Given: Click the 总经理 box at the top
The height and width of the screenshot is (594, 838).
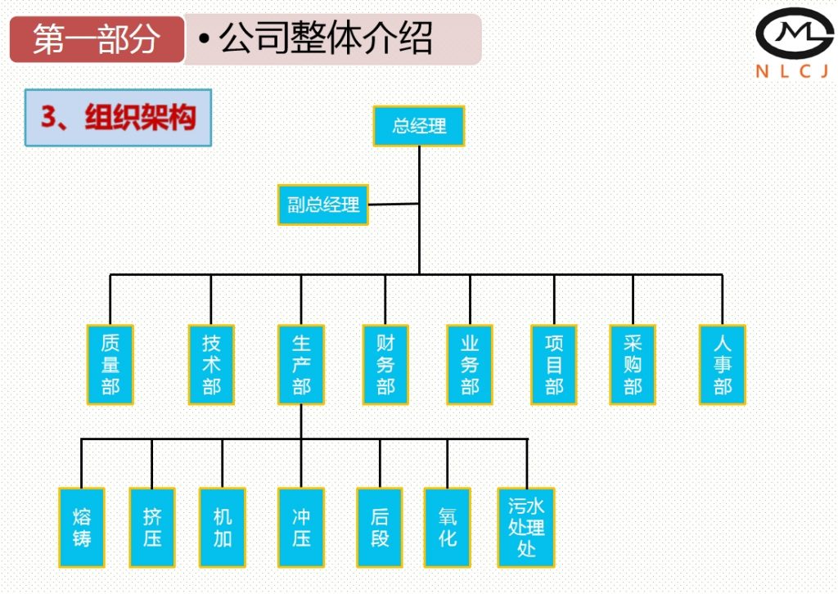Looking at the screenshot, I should (x=419, y=126).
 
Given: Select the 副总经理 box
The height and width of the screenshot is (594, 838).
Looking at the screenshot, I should (x=323, y=205).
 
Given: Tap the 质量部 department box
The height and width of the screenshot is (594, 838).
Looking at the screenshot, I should (x=110, y=364).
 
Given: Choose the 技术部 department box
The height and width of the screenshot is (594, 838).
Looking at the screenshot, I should (x=211, y=364).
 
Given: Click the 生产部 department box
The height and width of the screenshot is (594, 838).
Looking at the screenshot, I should (x=301, y=364).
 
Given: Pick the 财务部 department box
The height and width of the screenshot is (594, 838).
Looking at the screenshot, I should (x=385, y=364).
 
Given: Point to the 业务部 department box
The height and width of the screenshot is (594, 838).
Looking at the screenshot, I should (x=470, y=364).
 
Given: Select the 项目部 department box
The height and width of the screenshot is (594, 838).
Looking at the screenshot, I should (x=554, y=364).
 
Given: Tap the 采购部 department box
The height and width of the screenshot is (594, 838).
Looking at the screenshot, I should (x=633, y=364).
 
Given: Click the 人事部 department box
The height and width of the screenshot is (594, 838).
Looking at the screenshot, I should (x=722, y=364).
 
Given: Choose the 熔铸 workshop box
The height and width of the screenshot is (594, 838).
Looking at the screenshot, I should (x=82, y=528).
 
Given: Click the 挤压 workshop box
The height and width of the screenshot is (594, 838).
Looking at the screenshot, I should (x=152, y=528).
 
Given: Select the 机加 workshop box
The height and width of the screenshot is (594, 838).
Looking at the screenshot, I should (x=223, y=528).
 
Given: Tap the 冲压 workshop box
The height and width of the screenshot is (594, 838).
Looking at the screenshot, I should (x=301, y=528).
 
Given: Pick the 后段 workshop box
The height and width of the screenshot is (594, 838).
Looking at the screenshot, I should (x=380, y=528).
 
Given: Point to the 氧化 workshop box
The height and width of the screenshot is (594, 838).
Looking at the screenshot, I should (x=448, y=528).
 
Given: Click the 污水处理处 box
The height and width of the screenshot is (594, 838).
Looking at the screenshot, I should (x=526, y=528).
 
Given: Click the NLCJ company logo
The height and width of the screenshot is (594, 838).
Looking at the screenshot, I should (x=793, y=43).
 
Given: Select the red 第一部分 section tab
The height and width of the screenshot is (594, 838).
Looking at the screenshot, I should (x=97, y=38).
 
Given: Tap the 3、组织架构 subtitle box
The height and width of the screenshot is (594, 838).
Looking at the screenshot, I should (x=118, y=118).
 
